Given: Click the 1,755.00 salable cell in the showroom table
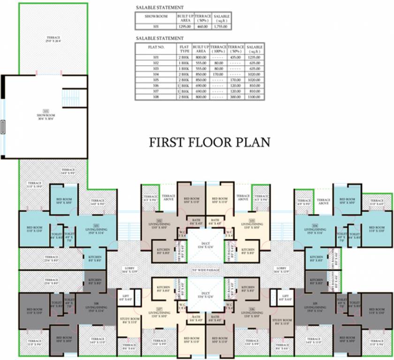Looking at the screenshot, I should click(221, 26).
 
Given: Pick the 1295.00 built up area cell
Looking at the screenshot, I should click(184, 26).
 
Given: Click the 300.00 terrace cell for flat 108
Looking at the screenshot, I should click(237, 96).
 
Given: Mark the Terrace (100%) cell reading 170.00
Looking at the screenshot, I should click(218, 74).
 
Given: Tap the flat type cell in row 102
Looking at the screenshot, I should click(184, 63).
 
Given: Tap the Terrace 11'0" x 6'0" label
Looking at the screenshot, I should click(377, 202).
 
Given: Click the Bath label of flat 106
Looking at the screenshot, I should click(215, 319).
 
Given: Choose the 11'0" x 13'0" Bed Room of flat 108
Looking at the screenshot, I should click(35, 311).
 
